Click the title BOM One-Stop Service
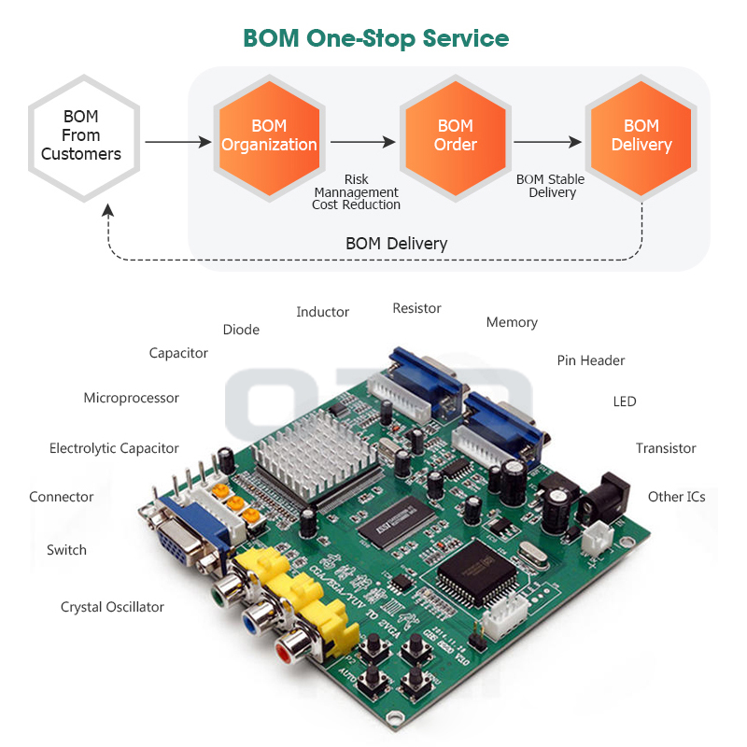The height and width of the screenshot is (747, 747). point(375,38)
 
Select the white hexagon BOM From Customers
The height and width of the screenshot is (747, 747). point(81,136)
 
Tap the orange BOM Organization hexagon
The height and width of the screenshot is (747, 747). point(269,136)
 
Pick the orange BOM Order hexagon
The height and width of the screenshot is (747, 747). point(455,136)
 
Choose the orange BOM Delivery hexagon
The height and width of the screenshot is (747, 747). point(641,136)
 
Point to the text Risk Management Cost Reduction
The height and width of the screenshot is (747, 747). point(356,191)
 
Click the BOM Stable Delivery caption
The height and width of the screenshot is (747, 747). point(551,186)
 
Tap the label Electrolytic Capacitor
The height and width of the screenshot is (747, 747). point(114,448)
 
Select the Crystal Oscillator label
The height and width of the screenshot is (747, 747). point(112,607)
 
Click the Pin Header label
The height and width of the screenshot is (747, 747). point(591,360)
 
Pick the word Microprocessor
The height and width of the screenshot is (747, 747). point(131,398)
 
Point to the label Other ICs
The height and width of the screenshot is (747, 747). point(676,497)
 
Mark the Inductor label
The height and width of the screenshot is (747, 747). point(322,312)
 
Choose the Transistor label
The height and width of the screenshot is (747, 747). point(666,448)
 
